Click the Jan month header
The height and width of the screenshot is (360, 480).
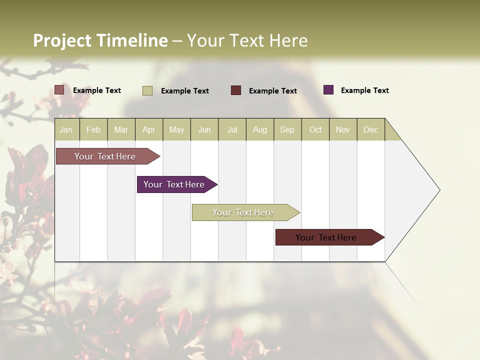coord(66,129)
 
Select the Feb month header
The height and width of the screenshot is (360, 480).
coord(93,129)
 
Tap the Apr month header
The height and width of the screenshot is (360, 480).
coord(149,129)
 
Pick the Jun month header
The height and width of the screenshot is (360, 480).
coord(204,129)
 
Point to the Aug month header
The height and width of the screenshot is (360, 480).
coord(260,129)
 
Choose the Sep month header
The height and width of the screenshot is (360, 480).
coord(287,129)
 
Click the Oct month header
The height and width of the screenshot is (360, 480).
coord(315,129)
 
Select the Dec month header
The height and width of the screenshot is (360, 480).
coord(371,129)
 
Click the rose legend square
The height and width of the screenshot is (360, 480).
coord(59,90)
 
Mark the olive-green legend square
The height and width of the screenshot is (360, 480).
coord(147,90)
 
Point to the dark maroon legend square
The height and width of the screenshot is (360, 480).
coord(236,90)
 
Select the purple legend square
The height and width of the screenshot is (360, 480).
coord(328,90)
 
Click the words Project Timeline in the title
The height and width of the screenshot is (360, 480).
coord(100,40)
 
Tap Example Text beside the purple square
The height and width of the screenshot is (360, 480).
coord(365,90)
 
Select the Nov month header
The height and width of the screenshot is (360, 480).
coord(343,129)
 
